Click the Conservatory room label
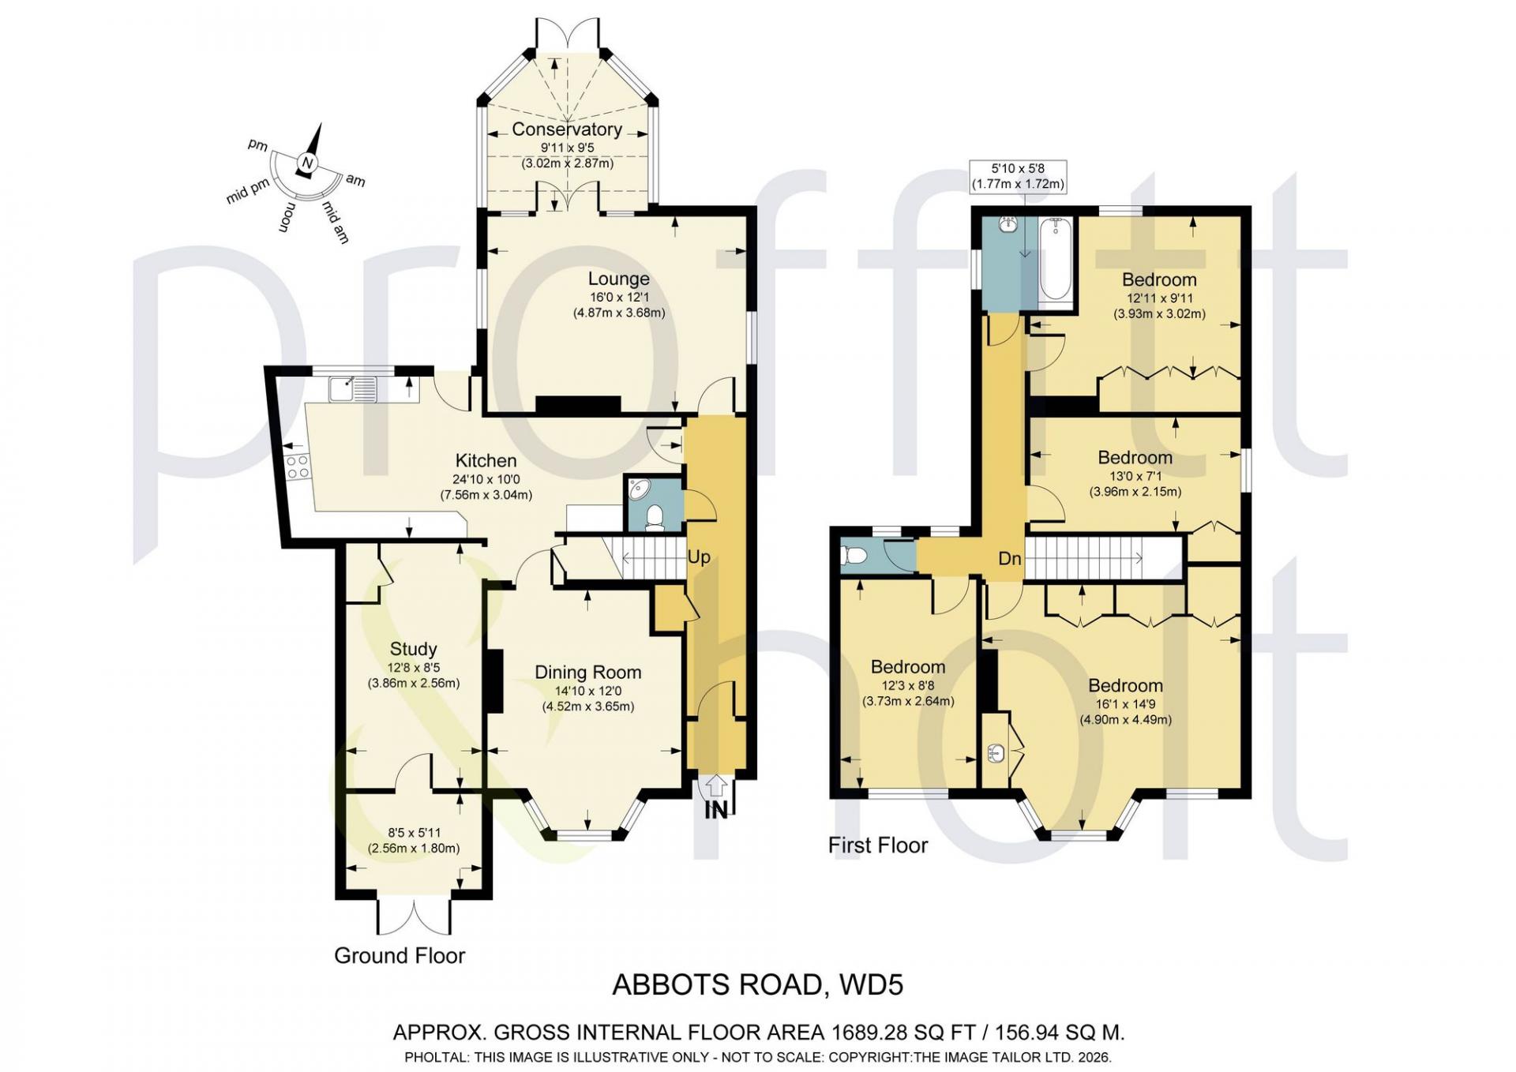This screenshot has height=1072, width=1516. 566,129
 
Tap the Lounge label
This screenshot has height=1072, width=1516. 618,279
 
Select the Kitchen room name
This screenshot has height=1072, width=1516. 486,460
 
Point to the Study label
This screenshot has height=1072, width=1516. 413,649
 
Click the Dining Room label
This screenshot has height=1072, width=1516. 587,672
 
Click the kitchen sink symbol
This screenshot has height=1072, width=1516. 354,388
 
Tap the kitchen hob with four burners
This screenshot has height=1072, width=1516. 298,467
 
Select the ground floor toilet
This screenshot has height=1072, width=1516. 654,518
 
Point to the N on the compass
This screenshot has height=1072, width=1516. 307,163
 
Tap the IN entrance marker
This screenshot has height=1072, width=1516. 715,810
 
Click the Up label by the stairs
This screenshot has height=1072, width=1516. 699,557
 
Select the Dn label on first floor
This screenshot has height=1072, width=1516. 1010,559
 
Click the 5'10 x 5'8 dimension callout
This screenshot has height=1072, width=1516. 1018,176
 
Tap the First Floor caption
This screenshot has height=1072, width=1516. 877,845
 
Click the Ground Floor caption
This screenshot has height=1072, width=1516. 400,956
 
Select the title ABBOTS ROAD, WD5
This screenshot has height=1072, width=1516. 758,985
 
